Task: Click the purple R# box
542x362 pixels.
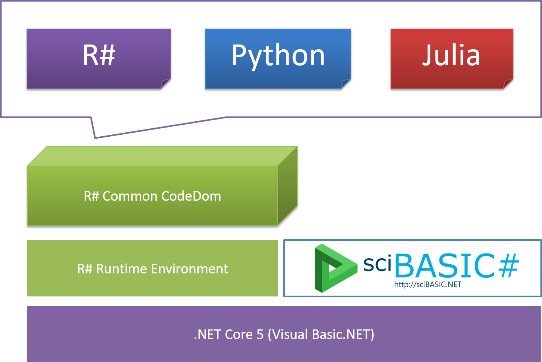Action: tap(99, 58)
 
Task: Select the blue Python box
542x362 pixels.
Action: tap(278, 58)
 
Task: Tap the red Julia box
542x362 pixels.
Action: tap(451, 58)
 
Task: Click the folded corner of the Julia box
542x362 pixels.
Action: tap(508, 84)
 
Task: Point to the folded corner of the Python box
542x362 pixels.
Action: tap(346, 84)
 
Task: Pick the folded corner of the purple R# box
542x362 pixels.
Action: tap(166, 84)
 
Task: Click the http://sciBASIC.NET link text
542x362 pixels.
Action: tap(428, 285)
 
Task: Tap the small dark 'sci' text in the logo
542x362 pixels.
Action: tap(377, 264)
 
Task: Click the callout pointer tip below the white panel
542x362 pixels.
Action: tap(95, 137)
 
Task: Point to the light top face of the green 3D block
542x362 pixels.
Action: tap(162, 156)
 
